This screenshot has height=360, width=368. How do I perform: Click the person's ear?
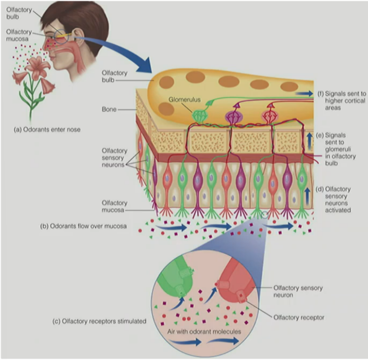tap(85, 33)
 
